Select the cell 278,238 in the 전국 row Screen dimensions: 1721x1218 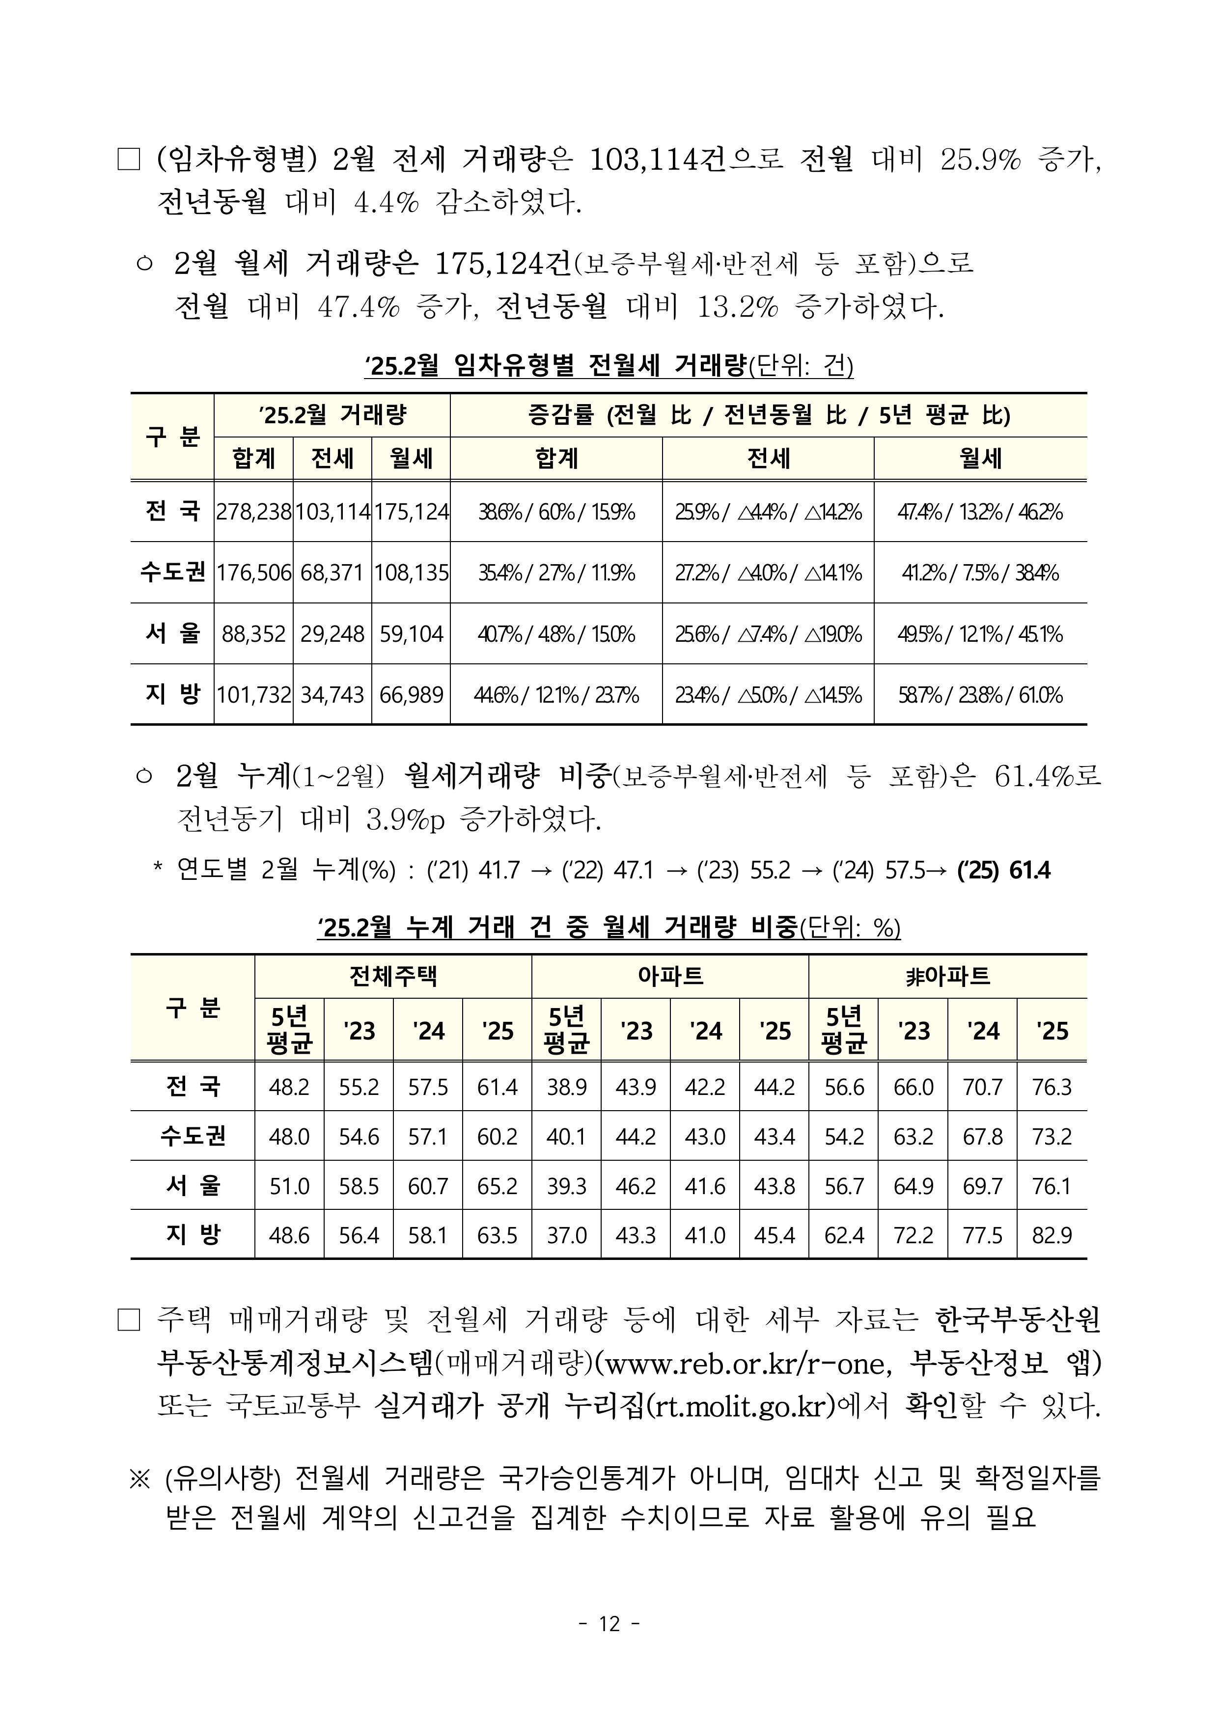[x=253, y=512]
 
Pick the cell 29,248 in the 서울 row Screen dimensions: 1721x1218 [x=332, y=634]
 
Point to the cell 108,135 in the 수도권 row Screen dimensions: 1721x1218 [x=411, y=574]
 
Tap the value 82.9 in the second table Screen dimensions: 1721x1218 [x=1052, y=1235]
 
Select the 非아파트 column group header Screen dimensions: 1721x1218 [x=947, y=976]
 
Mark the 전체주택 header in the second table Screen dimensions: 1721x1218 [x=393, y=976]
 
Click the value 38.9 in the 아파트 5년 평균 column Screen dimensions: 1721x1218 [x=566, y=1087]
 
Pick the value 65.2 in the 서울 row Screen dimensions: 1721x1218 [x=497, y=1186]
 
